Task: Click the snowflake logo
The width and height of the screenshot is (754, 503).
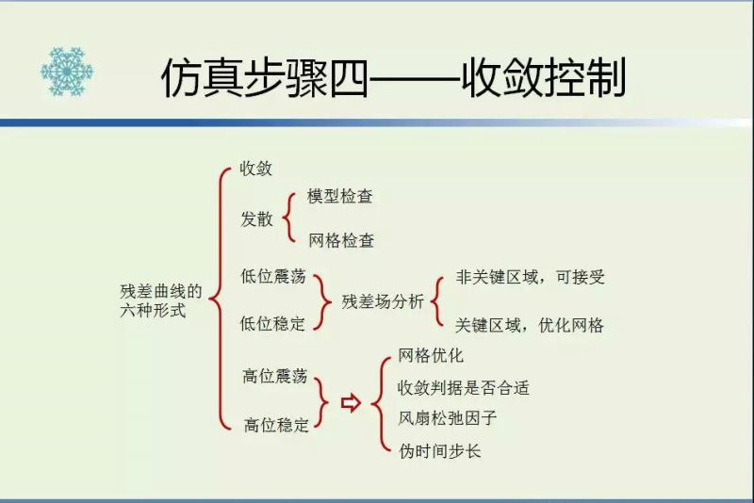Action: pos(67,71)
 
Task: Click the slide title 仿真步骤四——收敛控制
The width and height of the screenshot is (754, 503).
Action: pos(393,78)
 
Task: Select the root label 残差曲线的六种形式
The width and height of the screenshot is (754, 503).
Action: pos(160,300)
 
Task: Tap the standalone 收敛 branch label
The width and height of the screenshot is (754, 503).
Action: pos(255,169)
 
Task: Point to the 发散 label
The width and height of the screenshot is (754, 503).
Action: pos(256,219)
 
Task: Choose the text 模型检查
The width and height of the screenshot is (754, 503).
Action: pos(340,196)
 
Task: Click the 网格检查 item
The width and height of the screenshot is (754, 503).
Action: pos(341,240)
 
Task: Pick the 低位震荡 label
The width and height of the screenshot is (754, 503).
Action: pos(273,276)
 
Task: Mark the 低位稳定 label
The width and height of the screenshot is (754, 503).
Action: pos(272,323)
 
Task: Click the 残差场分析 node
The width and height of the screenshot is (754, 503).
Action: pos(383,301)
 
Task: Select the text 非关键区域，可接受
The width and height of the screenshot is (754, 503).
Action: pos(530,277)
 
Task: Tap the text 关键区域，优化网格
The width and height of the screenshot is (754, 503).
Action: pos(529,325)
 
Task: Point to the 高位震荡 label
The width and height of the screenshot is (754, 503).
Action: pos(275,376)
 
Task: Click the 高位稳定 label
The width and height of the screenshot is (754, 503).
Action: pos(276,425)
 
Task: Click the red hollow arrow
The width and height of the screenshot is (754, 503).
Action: pos(351,402)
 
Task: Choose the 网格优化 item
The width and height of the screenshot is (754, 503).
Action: pos(431,355)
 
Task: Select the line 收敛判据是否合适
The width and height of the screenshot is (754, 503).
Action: pos(464,388)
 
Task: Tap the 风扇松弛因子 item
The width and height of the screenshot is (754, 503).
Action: pos(447,418)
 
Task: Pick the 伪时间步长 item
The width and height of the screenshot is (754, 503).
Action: pos(439,450)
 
